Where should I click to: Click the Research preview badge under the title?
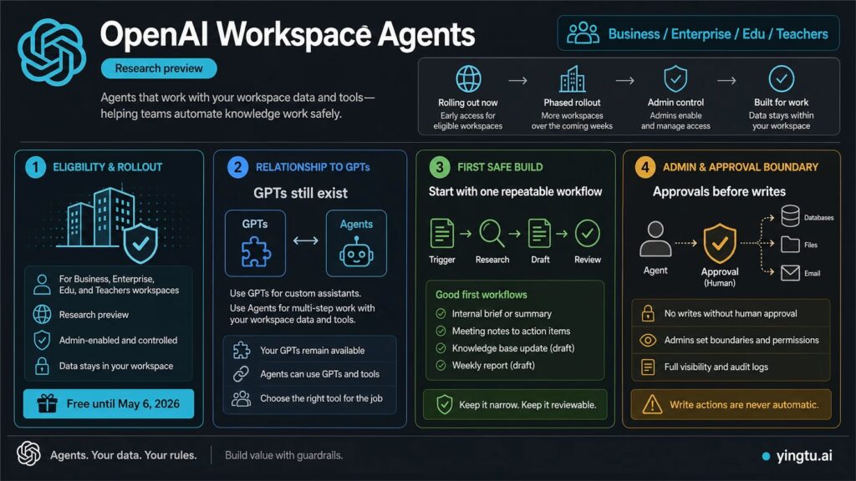(x=159, y=68)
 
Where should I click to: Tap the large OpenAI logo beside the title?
(x=52, y=53)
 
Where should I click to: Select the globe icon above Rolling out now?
(x=468, y=78)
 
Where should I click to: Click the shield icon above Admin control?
(x=675, y=79)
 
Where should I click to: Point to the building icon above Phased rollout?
(x=572, y=79)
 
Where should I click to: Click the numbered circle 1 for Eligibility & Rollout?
(x=35, y=167)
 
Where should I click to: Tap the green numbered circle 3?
(x=440, y=167)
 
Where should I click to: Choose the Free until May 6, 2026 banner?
(x=109, y=403)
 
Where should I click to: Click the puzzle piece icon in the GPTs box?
(x=256, y=252)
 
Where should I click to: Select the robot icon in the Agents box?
(x=356, y=252)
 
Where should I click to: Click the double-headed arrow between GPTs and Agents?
(x=306, y=240)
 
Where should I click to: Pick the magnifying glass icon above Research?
(x=492, y=234)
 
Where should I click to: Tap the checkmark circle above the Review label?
(x=588, y=234)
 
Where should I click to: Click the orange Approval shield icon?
(x=720, y=243)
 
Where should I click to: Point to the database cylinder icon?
(x=790, y=216)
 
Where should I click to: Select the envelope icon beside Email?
(x=790, y=273)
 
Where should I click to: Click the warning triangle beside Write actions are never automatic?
(x=652, y=404)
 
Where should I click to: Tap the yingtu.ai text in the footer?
(x=804, y=455)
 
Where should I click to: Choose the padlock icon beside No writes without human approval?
(x=648, y=313)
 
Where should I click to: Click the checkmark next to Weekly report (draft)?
(x=441, y=366)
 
